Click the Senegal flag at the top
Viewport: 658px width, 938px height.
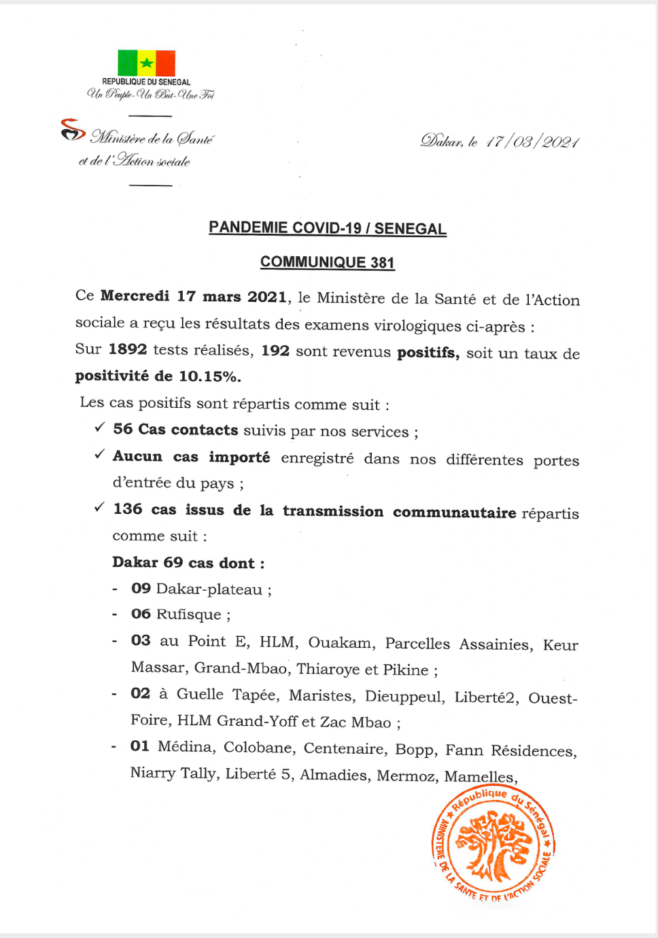[146, 63]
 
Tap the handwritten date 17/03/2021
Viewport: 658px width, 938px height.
[532, 142]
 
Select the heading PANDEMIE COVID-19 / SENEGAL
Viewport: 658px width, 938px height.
[327, 228]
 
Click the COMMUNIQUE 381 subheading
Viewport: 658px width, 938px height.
[327, 262]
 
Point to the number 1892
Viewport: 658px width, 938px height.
[128, 349]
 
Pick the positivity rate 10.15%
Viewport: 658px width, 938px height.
[210, 376]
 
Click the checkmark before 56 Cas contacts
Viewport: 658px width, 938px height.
[100, 428]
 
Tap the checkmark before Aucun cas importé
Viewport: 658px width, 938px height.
[100, 454]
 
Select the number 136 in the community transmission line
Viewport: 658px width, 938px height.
[128, 509]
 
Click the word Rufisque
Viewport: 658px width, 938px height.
[189, 614]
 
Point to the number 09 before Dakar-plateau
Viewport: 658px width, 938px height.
[141, 588]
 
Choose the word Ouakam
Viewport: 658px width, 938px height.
[340, 642]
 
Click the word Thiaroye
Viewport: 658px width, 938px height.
[328, 669]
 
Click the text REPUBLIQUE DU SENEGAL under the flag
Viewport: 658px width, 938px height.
[146, 82]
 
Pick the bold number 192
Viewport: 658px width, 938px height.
[275, 351]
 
